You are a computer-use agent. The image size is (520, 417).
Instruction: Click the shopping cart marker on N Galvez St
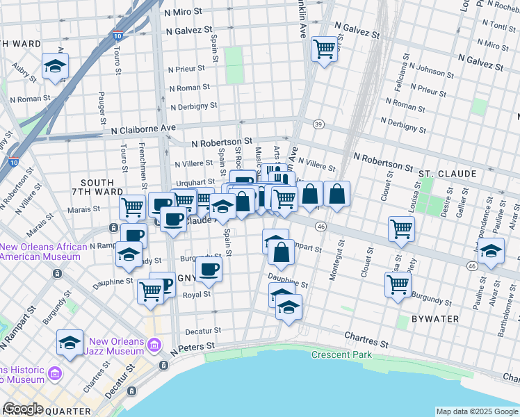tap(324, 49)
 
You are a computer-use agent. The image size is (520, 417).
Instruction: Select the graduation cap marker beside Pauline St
tap(491, 252)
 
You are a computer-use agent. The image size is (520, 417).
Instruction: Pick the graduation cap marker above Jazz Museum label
tap(70, 343)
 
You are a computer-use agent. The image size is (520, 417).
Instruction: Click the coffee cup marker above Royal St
tap(209, 270)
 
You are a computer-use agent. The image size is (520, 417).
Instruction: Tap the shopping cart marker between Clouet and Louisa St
tap(401, 229)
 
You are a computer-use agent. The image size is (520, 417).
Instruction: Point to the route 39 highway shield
tap(318, 124)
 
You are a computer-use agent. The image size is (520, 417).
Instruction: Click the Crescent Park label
tap(341, 355)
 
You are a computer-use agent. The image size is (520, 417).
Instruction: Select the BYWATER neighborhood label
tap(435, 319)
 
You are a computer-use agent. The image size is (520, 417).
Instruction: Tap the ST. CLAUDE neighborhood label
tap(447, 173)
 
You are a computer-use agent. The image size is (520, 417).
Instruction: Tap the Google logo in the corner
tap(23, 409)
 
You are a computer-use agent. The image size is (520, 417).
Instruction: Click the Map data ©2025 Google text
tap(477, 411)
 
